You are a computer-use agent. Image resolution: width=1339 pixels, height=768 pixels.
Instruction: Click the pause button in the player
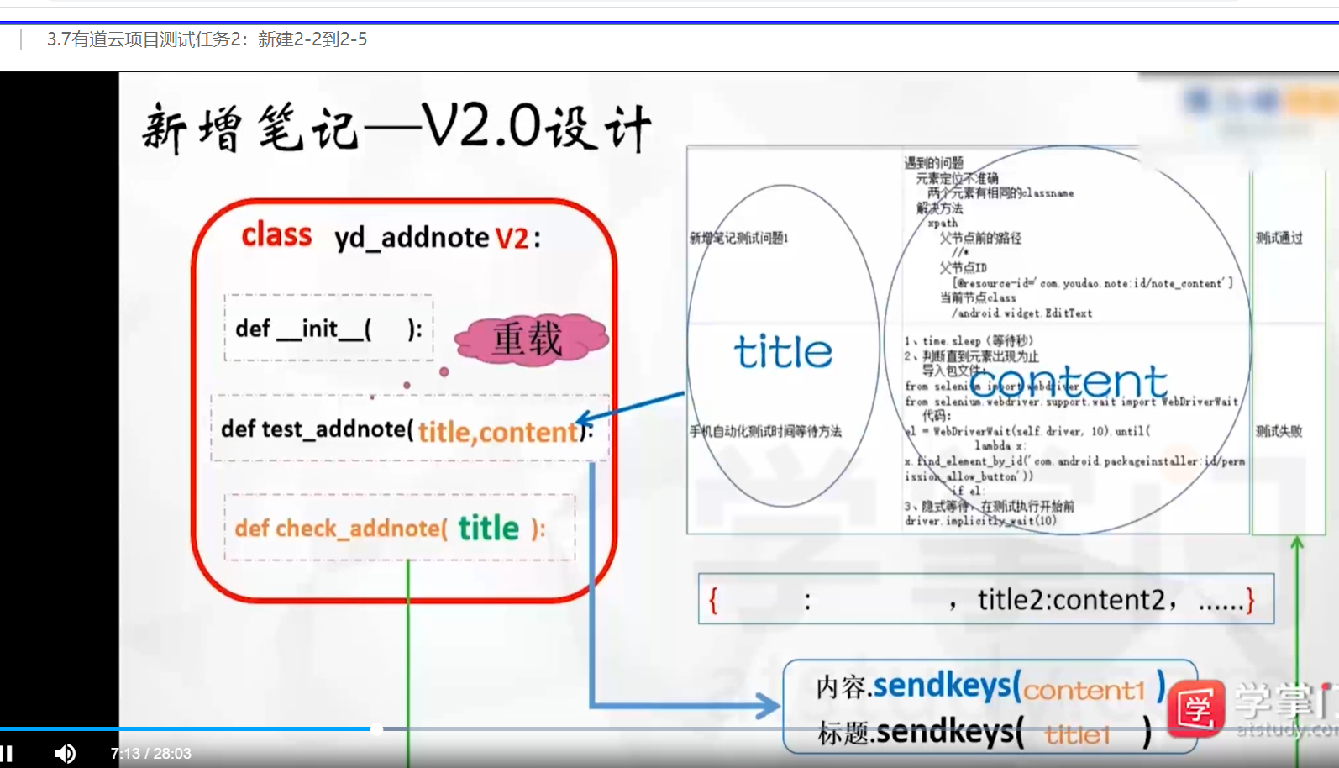point(7,753)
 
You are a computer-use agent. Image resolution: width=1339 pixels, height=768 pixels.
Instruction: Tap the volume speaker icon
point(65,753)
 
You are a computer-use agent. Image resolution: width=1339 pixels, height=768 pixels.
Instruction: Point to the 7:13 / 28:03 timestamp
point(151,754)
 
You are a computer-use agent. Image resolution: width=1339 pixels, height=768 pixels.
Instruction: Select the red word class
point(276,234)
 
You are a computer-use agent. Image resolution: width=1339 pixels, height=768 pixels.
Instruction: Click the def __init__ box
point(328,329)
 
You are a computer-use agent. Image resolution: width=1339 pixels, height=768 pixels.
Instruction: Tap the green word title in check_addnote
point(488,528)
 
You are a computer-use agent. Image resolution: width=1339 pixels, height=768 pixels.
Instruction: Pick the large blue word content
point(1068,381)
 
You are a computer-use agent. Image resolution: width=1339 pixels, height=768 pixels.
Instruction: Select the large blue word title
point(783,351)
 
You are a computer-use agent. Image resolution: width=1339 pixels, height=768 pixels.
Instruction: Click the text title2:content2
point(1071,599)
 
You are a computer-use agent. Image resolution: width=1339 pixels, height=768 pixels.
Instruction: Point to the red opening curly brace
point(713,600)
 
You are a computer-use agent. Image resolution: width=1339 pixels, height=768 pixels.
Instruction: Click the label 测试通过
point(1279,238)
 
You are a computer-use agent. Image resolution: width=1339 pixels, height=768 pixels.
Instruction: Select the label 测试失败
point(1279,431)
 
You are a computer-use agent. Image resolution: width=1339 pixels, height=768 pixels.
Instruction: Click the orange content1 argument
point(1084,690)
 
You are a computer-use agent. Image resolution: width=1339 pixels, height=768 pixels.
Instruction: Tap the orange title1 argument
point(1077,735)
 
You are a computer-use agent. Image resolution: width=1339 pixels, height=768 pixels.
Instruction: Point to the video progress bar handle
point(377,729)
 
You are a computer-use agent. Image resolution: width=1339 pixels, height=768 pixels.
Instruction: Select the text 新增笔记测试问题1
point(739,238)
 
